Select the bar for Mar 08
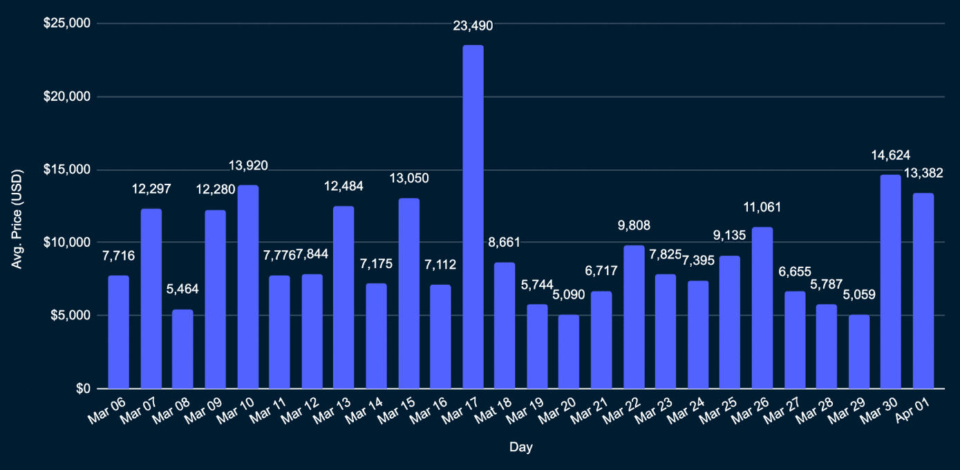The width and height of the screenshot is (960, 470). (182, 349)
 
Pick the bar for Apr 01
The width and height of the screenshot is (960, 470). (923, 291)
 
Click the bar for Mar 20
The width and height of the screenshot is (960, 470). (569, 352)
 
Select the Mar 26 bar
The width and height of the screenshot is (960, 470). (762, 308)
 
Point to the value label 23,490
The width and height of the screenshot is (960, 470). (473, 26)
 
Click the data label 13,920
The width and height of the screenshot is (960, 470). (248, 165)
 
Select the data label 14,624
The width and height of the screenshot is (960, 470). (890, 155)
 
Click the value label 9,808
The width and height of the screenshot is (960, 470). (634, 225)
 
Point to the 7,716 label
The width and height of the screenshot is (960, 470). (118, 256)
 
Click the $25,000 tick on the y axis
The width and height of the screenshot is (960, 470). (67, 23)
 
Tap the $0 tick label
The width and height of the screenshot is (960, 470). (82, 388)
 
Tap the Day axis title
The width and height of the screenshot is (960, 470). (520, 448)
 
